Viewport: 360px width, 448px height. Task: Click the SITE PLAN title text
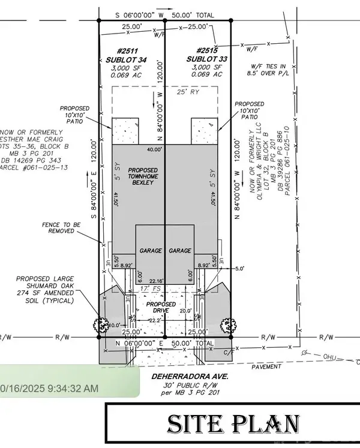point(232,424)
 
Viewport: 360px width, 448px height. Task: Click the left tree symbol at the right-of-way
point(100,324)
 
